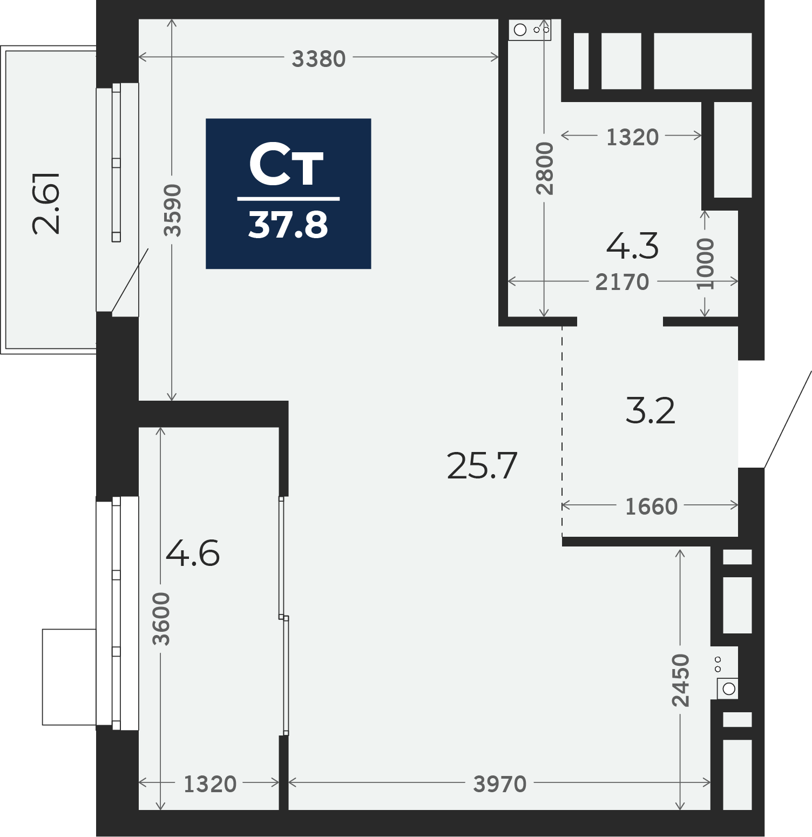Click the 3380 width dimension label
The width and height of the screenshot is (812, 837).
click(319, 58)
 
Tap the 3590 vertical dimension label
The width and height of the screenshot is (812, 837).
click(173, 211)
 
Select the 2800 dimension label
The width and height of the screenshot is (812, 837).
click(545, 168)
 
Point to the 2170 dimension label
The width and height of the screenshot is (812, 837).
click(622, 282)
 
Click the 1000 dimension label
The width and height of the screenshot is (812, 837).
click(705, 264)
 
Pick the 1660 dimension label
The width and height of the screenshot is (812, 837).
click(651, 507)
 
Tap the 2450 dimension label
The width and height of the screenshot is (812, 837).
click(680, 680)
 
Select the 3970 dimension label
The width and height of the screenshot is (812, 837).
click(499, 784)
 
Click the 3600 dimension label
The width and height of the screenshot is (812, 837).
click(161, 619)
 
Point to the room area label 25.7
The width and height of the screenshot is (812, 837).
click(482, 466)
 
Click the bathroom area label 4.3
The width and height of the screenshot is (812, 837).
click(632, 246)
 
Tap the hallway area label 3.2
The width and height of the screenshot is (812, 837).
click(650, 411)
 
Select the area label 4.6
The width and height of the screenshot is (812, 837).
click(193, 553)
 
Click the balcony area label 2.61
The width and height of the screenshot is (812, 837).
click(46, 203)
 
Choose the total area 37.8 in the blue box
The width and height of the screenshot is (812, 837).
click(288, 225)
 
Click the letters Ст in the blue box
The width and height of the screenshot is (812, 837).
click(286, 165)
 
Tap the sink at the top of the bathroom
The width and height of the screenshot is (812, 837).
click(530, 30)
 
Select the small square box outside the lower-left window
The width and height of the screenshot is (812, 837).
click(69, 677)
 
